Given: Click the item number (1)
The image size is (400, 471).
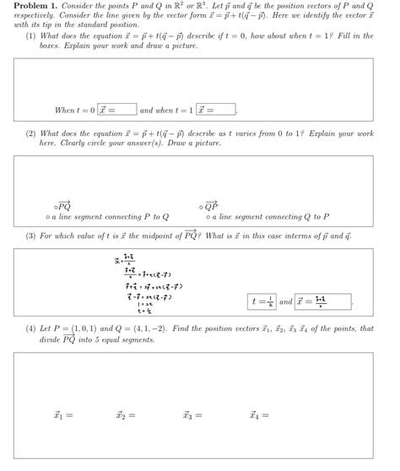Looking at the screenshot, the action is (x=31, y=36).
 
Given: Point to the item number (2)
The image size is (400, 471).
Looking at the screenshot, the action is (x=31, y=133).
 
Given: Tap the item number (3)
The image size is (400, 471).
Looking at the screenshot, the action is (x=31, y=235).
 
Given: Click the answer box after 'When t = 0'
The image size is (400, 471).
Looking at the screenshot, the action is (x=116, y=110).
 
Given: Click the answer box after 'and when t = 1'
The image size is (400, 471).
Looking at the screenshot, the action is (x=216, y=110).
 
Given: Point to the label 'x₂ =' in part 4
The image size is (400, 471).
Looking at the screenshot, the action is (x=127, y=415).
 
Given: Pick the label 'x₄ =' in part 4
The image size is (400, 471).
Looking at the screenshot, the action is (x=259, y=415).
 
